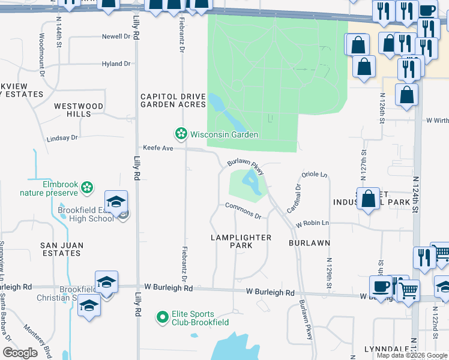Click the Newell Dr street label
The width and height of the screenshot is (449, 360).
coord(116,36)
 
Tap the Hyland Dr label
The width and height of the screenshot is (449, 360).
coord(116,64)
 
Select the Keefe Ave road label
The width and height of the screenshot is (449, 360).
coord(157,148)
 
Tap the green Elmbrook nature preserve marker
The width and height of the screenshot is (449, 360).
coord(87,187)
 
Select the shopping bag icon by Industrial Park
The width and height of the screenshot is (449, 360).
coord(367,199)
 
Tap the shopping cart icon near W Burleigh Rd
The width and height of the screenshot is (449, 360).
coord(409,291)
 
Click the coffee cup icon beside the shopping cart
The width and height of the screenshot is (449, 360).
coord(380,286)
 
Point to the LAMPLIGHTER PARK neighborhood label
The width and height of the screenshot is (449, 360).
coord(241,242)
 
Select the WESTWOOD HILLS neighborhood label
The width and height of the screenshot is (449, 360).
coord(78,110)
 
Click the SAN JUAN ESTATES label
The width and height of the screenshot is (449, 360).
coord(61,249)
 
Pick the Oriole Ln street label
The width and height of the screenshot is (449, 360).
coord(315,175)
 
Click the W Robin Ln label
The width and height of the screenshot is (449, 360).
coord(312,223)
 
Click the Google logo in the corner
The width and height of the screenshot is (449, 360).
coord(20,353)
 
